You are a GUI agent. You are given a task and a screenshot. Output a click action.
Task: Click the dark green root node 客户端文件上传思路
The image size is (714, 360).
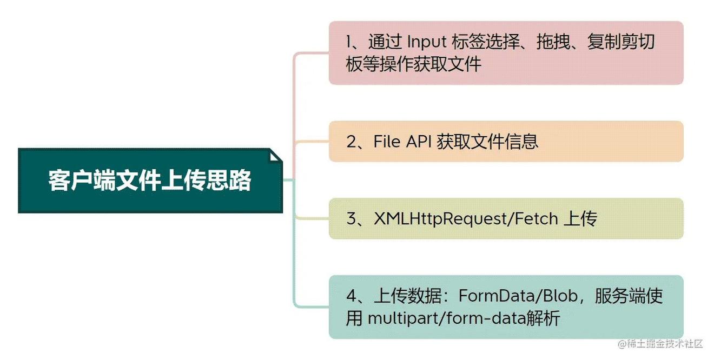coord(150,181)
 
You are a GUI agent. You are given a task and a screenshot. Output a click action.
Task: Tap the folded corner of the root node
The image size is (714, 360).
coord(275,156)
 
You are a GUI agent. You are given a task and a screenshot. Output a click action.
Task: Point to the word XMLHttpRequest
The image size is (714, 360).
coord(441,219)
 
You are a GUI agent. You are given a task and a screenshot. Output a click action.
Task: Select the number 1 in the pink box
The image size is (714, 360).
coord(350,42)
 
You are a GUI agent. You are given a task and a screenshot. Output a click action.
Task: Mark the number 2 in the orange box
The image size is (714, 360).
coord(352,142)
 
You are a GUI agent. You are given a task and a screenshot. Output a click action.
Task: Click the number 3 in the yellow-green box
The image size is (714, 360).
coord(352,219)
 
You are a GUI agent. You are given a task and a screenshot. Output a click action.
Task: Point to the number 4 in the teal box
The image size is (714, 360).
coord(352,296)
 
